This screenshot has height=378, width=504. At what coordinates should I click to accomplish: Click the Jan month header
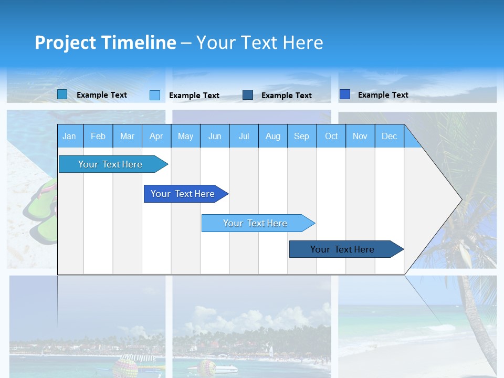coord(69,136)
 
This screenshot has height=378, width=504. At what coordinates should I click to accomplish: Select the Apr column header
coord(156,136)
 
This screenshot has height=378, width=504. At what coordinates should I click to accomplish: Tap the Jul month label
coord(244,136)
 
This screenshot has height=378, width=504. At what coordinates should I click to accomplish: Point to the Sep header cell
coord(301,136)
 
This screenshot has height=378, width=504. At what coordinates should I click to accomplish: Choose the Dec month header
coord(389,136)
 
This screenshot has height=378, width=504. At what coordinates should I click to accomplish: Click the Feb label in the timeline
coord(98,136)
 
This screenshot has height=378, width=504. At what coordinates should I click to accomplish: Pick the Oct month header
coord(331,136)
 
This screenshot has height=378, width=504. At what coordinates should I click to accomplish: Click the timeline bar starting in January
coord(110,164)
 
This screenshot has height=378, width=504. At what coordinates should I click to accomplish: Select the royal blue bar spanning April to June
coord(183,194)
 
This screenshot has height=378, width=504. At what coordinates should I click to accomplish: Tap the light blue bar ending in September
coord(255,223)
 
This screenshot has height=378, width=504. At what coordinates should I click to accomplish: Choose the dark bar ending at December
coord(342,249)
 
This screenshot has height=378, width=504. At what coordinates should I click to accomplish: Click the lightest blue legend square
coord(155,95)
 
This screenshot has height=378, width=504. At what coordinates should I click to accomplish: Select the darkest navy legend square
coord(248,95)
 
